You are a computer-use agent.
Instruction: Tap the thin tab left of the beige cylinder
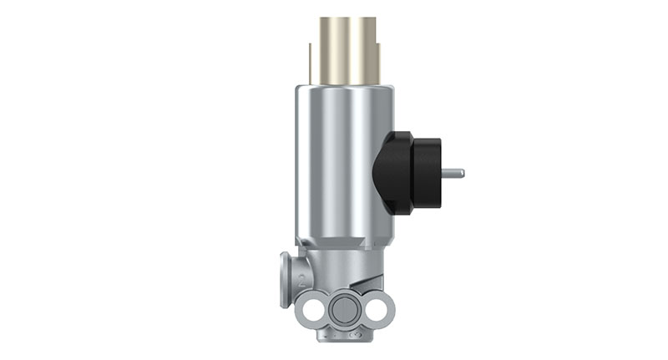311,63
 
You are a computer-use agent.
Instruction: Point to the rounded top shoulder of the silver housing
342,89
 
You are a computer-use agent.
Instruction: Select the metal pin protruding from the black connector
451,174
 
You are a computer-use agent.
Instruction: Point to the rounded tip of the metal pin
462,174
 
